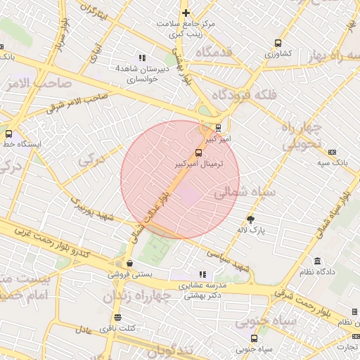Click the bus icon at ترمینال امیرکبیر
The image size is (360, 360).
(x=199, y=153)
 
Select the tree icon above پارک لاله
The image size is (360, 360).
(x=251, y=219)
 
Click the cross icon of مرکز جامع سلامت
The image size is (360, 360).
(x=186, y=13)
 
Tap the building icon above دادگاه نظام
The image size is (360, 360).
(x=318, y=261)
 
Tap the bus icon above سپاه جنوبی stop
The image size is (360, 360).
(x=254, y=337)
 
